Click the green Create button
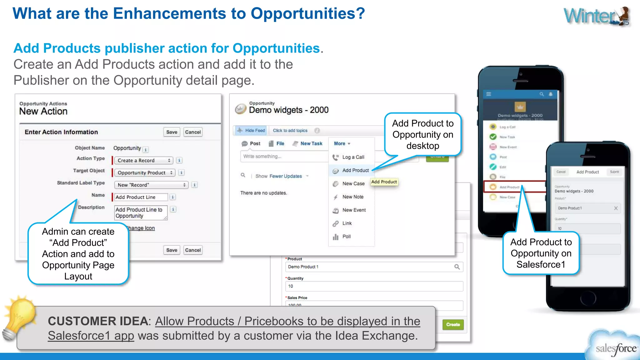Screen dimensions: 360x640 point(453,325)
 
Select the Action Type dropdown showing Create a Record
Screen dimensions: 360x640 point(143,160)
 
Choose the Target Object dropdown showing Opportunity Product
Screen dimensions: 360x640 point(144,172)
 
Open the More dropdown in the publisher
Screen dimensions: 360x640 point(342,143)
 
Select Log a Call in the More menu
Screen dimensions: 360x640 point(353,157)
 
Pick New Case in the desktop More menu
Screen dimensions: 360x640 point(353,184)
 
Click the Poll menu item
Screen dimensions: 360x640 point(346,237)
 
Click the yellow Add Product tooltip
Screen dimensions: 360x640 point(384,182)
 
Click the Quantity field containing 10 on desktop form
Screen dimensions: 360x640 point(373,286)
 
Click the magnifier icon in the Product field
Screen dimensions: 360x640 point(457,267)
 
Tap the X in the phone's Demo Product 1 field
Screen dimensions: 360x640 point(616,208)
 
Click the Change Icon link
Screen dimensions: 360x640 point(142,228)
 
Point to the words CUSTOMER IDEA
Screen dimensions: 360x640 point(98,321)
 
